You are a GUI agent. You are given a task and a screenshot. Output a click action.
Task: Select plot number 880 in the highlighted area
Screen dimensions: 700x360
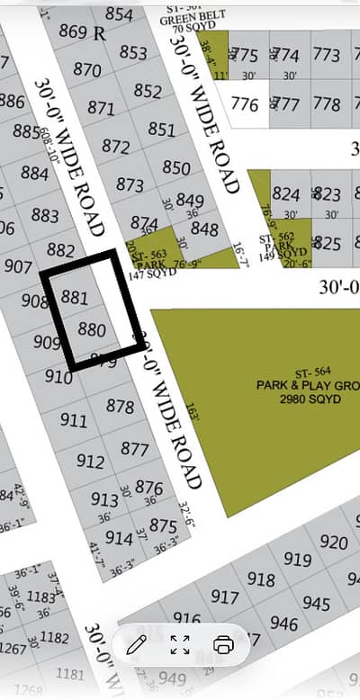point(92,329)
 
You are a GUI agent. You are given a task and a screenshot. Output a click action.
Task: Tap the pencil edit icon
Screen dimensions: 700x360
point(137,644)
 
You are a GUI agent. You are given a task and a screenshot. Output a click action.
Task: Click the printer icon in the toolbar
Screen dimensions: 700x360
point(224,644)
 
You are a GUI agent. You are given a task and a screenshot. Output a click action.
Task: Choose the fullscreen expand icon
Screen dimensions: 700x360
point(180,644)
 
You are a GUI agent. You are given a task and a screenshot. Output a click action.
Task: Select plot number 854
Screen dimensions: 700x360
point(119,14)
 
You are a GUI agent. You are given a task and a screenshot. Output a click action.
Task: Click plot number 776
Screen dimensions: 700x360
point(244,103)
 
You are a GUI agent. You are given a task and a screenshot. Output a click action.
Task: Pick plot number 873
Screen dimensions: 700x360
point(130,184)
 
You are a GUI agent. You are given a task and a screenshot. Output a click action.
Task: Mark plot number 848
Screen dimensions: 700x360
point(204,229)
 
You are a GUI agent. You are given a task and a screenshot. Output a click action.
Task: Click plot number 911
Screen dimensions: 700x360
point(74,419)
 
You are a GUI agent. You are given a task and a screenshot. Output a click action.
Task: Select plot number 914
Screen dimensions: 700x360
point(119,537)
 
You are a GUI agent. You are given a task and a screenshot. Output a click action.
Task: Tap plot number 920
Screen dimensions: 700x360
point(334,543)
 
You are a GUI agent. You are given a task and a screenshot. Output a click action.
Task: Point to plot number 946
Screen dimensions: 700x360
point(283,624)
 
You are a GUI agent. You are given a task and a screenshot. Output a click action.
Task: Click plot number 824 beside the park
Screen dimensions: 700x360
point(286,194)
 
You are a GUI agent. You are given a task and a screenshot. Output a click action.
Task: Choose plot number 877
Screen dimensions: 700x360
point(134,448)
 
